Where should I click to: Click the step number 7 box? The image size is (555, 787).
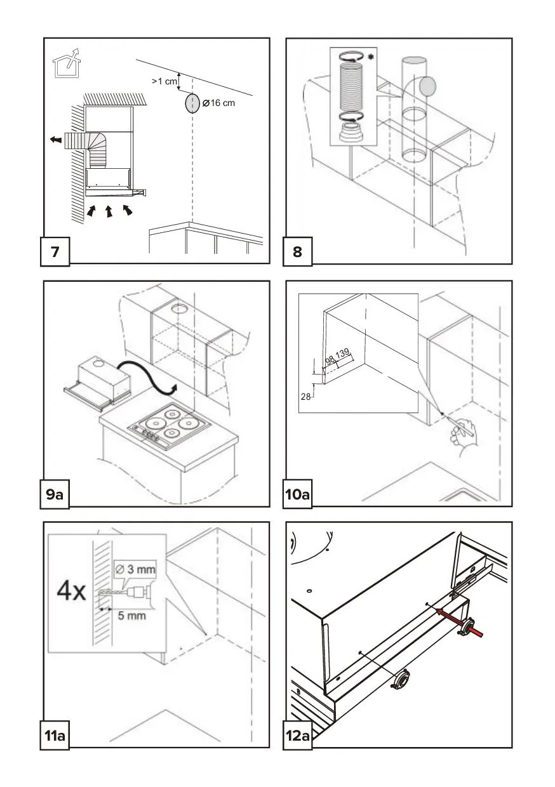click(x=56, y=252)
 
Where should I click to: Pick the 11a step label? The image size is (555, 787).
click(x=56, y=736)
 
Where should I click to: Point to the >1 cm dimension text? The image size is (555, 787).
click(x=164, y=81)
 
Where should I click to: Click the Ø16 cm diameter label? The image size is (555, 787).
click(x=218, y=103)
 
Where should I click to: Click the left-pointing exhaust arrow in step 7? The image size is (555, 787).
click(x=56, y=139)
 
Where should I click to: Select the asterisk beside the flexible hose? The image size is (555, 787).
click(x=370, y=56)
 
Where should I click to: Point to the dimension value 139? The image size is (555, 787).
click(x=343, y=353)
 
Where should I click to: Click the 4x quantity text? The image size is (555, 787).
click(x=71, y=592)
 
